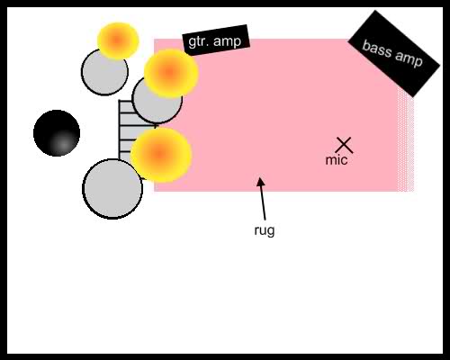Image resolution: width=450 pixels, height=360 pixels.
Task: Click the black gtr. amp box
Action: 216,40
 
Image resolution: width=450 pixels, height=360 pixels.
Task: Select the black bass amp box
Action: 393,54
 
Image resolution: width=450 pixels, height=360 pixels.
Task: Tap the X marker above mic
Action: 344,146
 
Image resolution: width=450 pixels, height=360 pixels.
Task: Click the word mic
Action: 337,160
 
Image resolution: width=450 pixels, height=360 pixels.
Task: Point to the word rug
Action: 265,231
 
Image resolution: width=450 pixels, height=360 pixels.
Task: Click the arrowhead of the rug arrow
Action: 260,182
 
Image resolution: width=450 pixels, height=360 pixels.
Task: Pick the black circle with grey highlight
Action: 57,133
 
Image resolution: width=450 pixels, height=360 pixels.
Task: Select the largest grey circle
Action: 112,189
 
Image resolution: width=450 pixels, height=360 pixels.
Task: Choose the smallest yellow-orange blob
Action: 118,40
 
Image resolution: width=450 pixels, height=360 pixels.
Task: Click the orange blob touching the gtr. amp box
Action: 171,73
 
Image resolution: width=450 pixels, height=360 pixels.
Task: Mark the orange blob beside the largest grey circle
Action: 161,155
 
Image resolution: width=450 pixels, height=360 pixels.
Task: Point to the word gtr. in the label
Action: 197,42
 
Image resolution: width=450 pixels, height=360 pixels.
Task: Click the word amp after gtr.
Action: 226,40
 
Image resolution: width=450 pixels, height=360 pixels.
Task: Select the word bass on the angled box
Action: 376,49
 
